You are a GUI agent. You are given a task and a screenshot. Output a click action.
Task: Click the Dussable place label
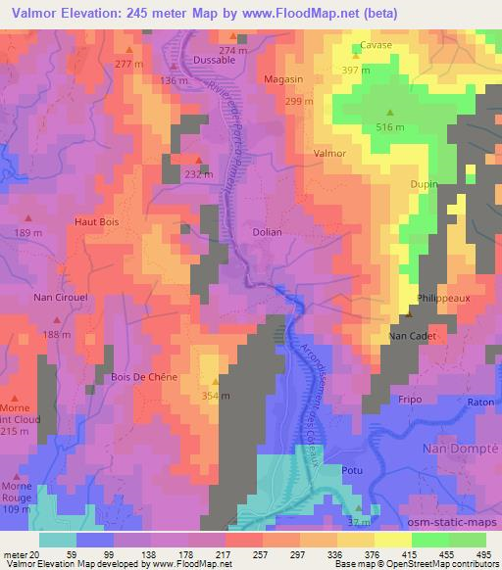(215, 60)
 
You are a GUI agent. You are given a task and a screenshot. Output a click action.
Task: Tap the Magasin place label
(282, 78)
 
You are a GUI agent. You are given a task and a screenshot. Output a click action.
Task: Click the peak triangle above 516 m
(390, 112)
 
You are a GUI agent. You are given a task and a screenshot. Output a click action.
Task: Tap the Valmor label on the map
(329, 155)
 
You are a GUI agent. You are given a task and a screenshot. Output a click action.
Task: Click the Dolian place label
(267, 232)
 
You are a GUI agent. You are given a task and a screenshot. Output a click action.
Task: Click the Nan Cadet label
(412, 336)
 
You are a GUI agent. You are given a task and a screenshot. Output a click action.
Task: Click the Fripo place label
(409, 400)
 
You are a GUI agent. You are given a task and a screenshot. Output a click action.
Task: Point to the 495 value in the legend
(483, 552)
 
